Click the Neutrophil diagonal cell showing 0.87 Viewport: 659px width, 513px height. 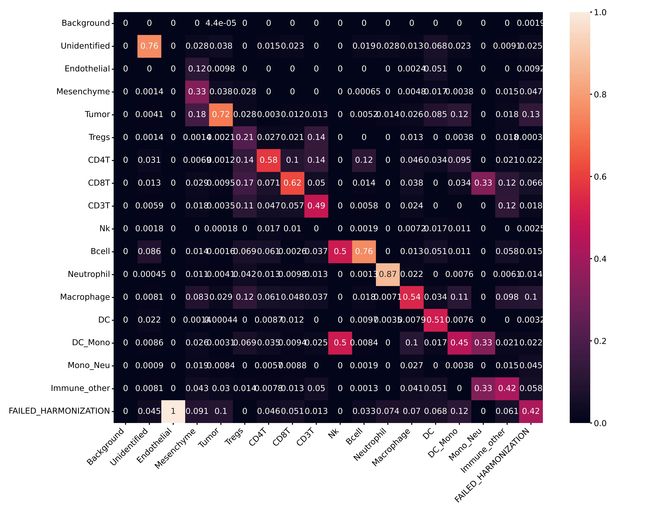pos(388,274)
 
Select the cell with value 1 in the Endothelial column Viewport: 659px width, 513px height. pos(173,411)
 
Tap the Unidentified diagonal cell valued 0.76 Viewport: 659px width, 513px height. pos(149,46)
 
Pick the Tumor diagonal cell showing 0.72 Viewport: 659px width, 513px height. pos(221,114)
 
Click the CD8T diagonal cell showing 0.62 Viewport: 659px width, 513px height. pos(292,183)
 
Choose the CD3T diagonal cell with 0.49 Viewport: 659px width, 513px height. pos(316,206)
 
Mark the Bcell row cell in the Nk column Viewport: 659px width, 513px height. pos(340,252)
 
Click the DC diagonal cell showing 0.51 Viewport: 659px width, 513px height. pos(435,320)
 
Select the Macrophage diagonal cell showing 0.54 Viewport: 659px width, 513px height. pos(412,297)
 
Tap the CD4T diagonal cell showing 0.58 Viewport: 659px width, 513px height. pos(269,160)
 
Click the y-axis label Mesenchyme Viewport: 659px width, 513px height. pos(83,91)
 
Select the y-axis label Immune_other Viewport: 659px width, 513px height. pos(80,388)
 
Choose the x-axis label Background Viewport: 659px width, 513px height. pos(106,446)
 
